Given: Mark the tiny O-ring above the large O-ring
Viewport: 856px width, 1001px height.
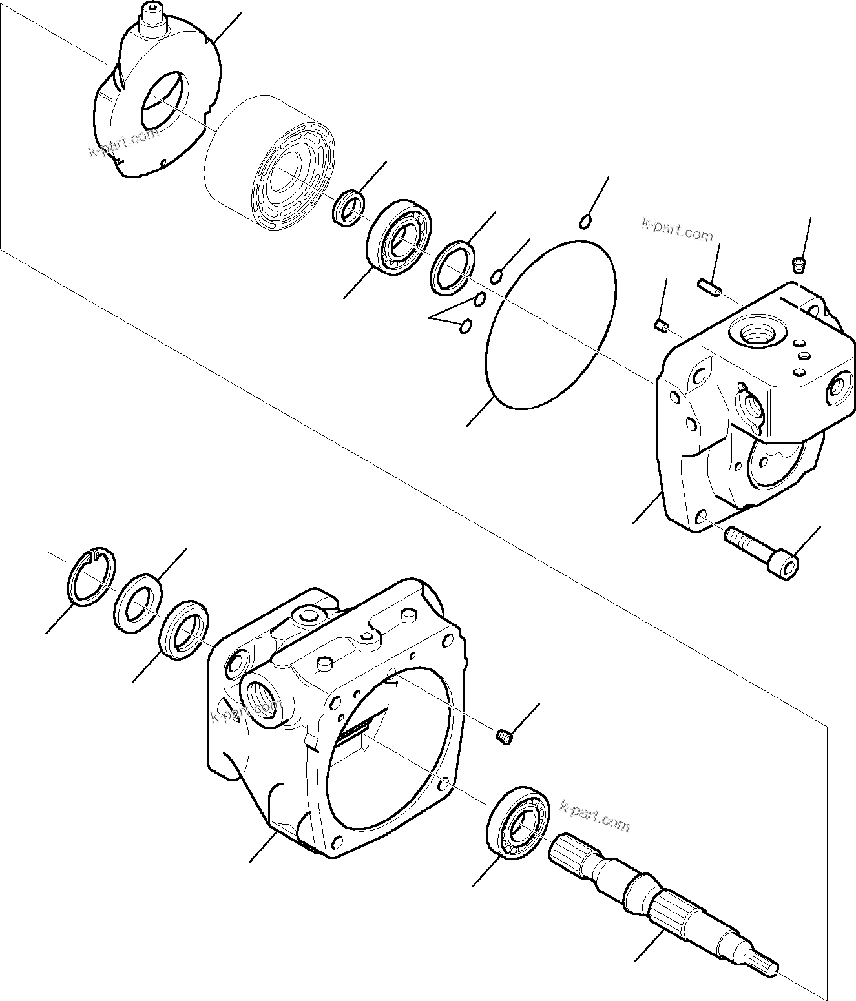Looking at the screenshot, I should (585, 222).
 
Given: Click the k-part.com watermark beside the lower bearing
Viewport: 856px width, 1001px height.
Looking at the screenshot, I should (594, 816).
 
